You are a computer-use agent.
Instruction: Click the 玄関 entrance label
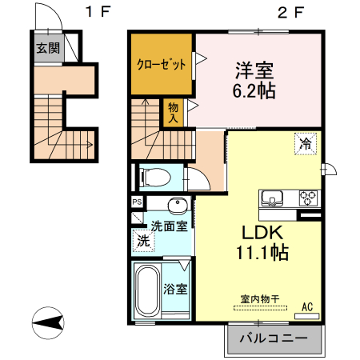tap(47, 47)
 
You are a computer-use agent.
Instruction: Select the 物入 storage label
tap(172, 112)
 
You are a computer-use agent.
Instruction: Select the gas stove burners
tap(308, 197)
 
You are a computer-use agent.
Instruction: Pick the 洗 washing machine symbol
tap(142, 240)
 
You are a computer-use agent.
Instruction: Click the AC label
tap(307, 306)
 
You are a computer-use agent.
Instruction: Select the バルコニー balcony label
tap(274, 338)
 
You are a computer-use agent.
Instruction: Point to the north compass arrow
tap(50, 324)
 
